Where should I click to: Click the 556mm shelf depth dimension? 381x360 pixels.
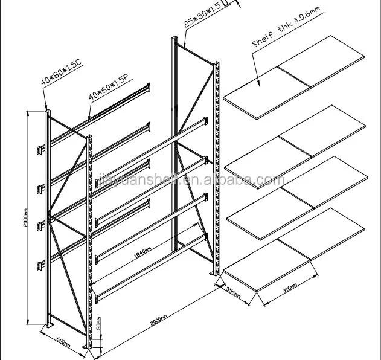232,292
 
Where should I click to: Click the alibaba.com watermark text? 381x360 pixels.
187,180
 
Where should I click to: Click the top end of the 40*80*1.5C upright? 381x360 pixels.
46,111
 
